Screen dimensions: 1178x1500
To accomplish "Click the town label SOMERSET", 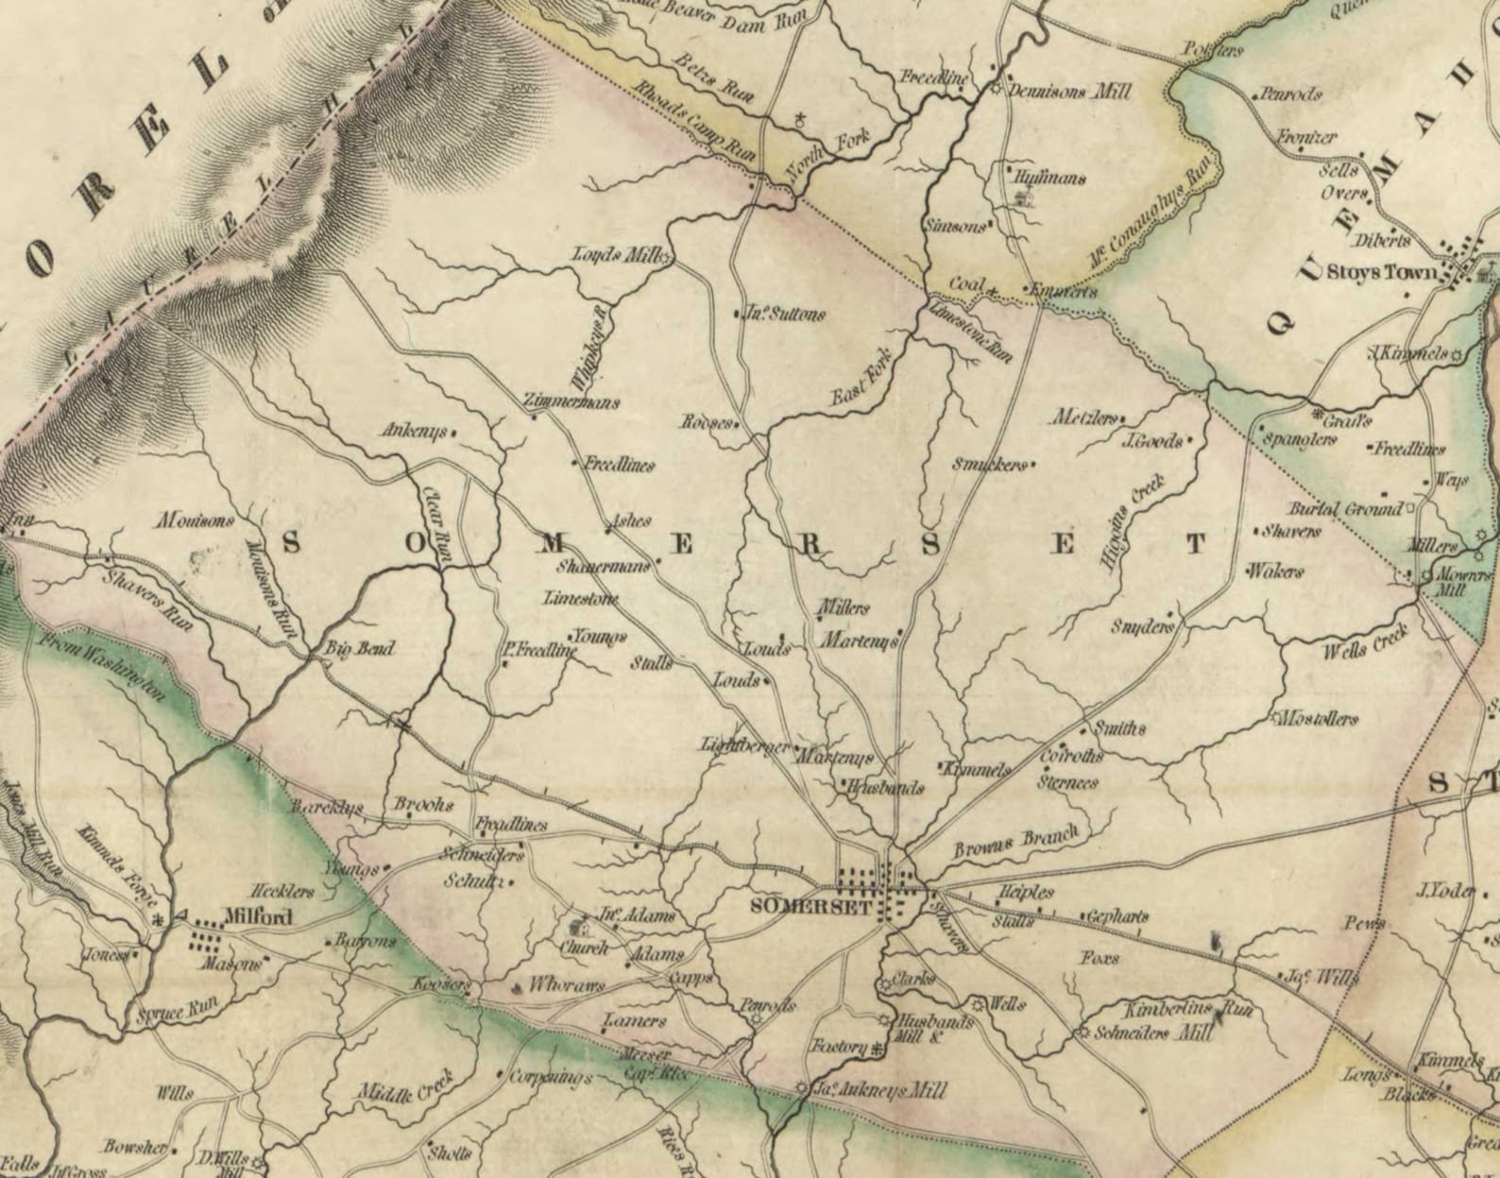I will pyautogui.click(x=792, y=905).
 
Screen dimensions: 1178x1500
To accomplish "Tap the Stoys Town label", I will pyautogui.click(x=1381, y=273).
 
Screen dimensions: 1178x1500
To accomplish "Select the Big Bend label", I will pyautogui.click(x=359, y=649).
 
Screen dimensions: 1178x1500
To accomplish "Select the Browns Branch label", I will pyautogui.click(x=1014, y=840).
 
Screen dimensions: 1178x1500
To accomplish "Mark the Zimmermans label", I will pyautogui.click(x=573, y=402).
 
